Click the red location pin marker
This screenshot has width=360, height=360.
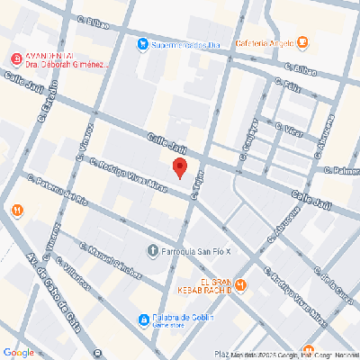tap(179, 167)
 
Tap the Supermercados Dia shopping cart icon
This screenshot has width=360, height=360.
tap(142, 43)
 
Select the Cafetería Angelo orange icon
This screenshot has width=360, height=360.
tap(303, 41)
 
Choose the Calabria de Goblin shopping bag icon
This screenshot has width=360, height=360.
tap(143, 319)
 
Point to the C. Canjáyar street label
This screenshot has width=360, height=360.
tap(249, 139)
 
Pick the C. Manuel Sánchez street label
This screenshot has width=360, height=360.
tap(112, 260)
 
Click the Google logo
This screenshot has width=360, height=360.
tap(18, 352)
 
